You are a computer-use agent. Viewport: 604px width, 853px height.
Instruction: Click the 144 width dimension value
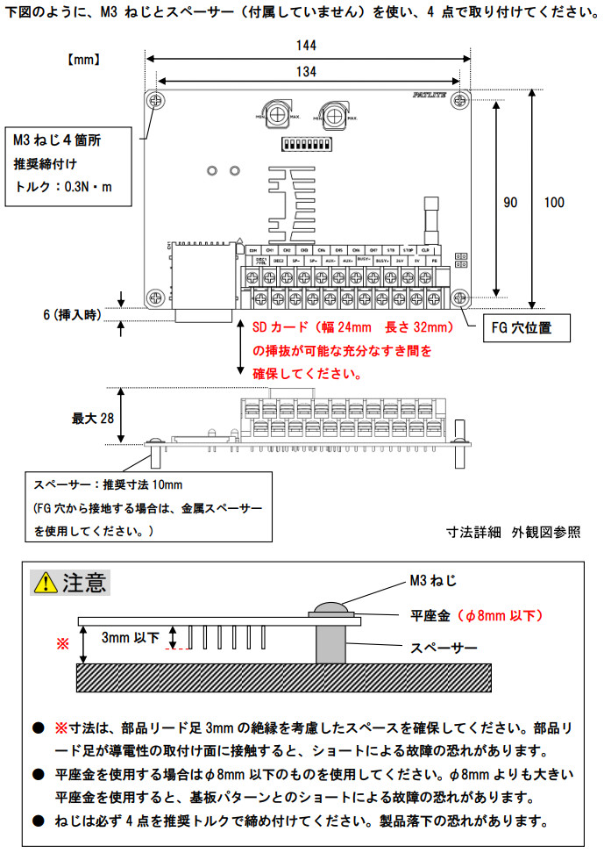point(306,45)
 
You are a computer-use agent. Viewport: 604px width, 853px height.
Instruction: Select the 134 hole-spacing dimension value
point(306,69)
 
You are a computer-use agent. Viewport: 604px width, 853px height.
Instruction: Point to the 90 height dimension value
point(510,202)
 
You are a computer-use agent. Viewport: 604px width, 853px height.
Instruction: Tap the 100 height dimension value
point(554,202)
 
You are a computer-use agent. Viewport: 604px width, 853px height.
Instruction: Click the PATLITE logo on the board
point(429,97)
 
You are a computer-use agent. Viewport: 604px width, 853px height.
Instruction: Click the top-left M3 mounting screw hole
point(157,100)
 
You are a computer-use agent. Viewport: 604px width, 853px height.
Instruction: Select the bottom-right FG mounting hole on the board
point(459,297)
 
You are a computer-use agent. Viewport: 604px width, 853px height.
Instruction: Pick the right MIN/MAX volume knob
point(333,112)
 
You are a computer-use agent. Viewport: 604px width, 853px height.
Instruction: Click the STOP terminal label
point(408,250)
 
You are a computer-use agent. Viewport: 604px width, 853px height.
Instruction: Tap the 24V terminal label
point(399,261)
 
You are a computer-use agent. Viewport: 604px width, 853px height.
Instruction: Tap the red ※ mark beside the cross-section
point(61,643)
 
